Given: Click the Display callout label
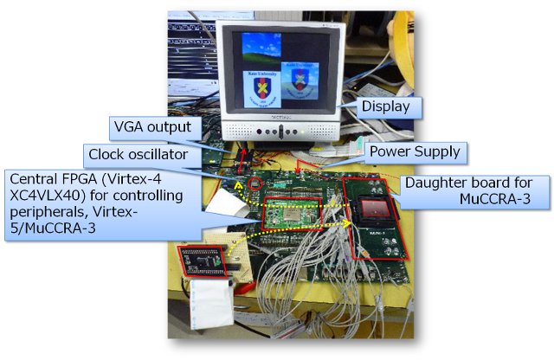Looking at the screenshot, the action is [x=385, y=106].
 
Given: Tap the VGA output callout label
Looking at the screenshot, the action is [x=152, y=127].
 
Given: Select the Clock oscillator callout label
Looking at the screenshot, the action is [x=138, y=154].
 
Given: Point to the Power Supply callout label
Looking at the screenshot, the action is [x=415, y=152].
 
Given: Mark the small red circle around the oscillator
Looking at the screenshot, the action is [x=255, y=183].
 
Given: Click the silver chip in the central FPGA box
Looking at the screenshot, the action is [x=293, y=214].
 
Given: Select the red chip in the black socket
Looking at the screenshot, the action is [x=376, y=209].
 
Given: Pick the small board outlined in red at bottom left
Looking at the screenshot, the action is [x=202, y=261].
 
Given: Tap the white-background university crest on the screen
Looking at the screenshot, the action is [x=261, y=89].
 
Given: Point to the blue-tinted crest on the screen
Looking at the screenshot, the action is [x=300, y=80].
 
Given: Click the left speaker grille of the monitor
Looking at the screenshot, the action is [x=239, y=132].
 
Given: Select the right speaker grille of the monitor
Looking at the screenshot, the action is [x=320, y=132].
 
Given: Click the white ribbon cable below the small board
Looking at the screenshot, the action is [x=209, y=303].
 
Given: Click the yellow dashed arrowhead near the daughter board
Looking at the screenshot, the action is [x=347, y=223].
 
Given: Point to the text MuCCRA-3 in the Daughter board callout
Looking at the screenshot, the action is [x=494, y=199].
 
